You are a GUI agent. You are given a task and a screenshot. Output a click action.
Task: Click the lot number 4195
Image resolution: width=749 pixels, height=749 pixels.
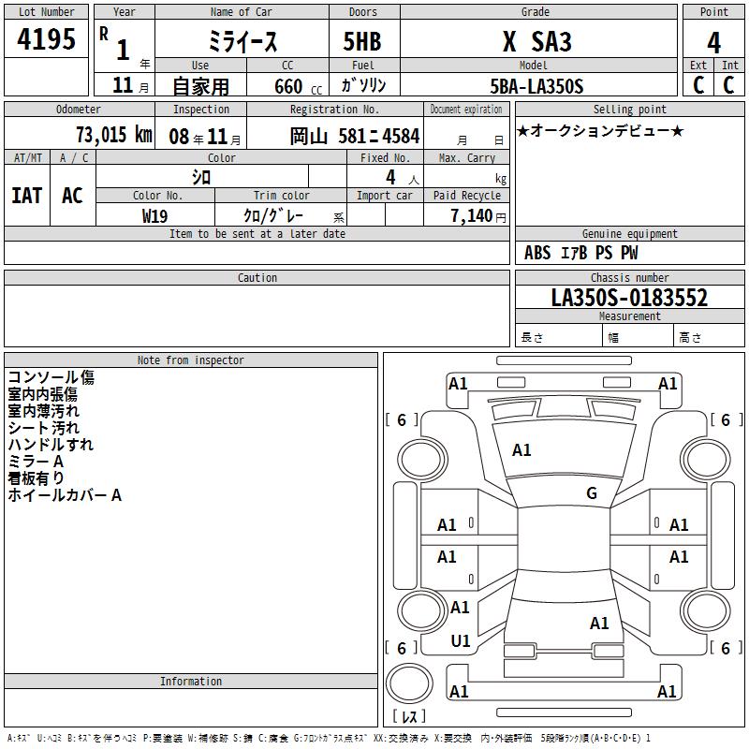point(46,38)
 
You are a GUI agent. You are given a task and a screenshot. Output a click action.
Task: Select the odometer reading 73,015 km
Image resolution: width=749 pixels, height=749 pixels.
point(113,135)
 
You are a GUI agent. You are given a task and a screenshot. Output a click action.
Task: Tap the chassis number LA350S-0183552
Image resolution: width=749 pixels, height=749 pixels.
point(629,298)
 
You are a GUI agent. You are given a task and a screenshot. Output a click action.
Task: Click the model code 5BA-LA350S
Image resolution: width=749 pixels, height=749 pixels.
point(536,86)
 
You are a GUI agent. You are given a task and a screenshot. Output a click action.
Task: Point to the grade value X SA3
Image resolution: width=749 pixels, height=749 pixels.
point(536,41)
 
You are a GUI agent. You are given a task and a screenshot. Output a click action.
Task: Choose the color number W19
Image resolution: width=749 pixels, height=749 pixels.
point(154,216)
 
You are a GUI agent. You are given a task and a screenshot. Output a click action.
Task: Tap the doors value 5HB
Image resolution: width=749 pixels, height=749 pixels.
point(362,41)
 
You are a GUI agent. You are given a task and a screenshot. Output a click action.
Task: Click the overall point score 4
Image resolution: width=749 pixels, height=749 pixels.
point(713,42)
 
